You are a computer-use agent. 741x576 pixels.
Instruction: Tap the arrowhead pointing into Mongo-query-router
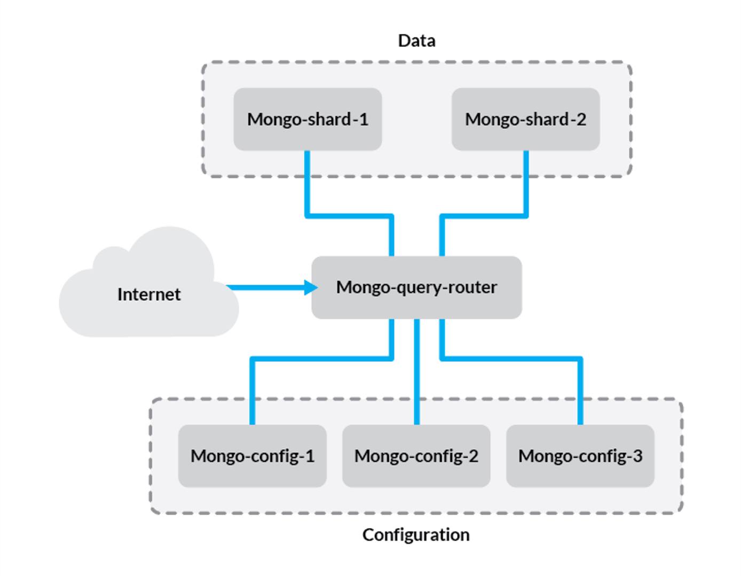click(x=310, y=287)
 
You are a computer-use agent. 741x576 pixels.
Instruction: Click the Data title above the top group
click(x=416, y=41)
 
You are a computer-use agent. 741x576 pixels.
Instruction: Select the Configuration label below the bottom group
click(x=416, y=534)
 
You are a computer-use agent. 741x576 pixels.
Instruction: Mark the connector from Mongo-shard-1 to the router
click(x=350, y=216)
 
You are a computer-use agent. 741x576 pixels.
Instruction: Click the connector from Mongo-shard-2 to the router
click(x=483, y=216)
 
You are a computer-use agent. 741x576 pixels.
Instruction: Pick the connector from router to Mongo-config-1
click(x=320, y=359)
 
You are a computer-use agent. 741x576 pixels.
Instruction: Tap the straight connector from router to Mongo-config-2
click(x=416, y=374)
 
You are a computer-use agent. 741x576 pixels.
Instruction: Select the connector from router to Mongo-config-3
click(x=513, y=359)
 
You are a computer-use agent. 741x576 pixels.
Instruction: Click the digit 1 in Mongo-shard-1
click(x=364, y=119)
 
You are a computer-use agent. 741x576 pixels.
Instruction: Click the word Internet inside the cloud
click(x=149, y=294)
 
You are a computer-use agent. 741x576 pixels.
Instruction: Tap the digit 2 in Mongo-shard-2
click(x=581, y=119)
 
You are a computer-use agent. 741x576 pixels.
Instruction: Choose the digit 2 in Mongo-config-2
click(x=473, y=456)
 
